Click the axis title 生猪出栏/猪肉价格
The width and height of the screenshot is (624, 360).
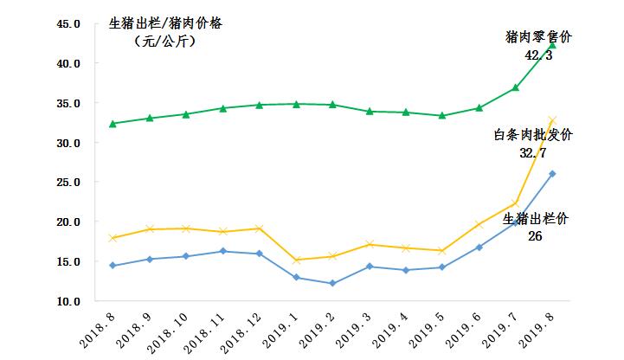click(165, 23)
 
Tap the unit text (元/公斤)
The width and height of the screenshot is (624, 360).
click(164, 40)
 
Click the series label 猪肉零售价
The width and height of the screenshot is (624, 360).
click(538, 37)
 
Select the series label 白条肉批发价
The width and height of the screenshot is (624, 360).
click(533, 135)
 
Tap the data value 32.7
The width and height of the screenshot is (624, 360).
click(533, 152)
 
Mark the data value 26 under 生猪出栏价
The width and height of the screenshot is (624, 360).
click(534, 235)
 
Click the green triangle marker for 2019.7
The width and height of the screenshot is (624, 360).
click(515, 87)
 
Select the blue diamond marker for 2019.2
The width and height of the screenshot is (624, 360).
click(331, 283)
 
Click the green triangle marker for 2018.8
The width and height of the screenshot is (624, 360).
click(113, 124)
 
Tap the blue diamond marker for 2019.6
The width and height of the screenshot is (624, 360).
click(479, 247)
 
